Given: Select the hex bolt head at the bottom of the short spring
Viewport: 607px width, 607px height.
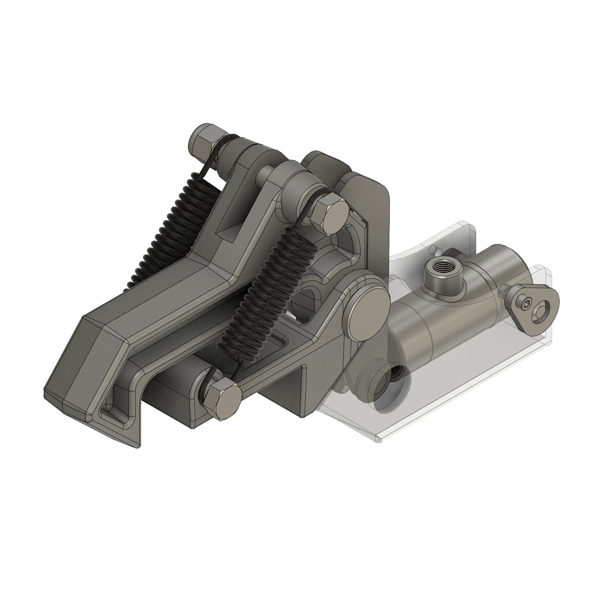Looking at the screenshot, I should [x=223, y=399].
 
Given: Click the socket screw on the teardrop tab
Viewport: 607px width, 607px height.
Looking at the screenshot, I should [x=527, y=304].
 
